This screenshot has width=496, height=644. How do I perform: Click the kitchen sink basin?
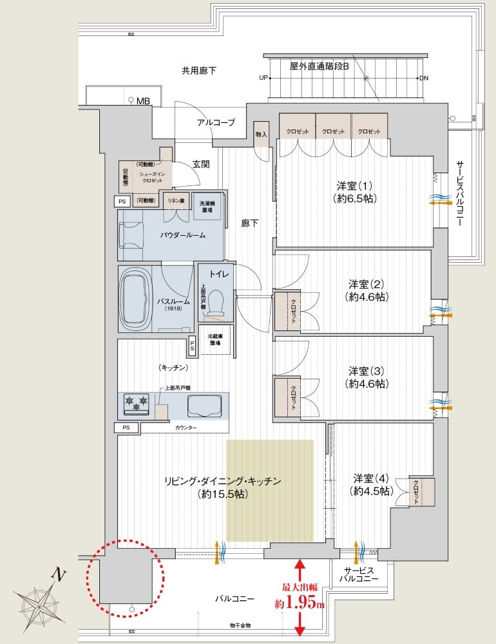click(x=204, y=406)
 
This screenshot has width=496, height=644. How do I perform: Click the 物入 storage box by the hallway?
click(x=261, y=134)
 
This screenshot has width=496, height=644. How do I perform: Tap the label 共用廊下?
click(x=198, y=70)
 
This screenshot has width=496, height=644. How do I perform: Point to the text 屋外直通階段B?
click(x=319, y=66)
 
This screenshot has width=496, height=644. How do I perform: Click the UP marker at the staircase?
click(x=263, y=79)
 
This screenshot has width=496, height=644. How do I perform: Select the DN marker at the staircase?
click(x=423, y=79)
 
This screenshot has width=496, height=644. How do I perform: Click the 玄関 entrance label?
click(x=200, y=164)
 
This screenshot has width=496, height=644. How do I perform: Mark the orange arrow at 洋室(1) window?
click(x=439, y=202)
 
